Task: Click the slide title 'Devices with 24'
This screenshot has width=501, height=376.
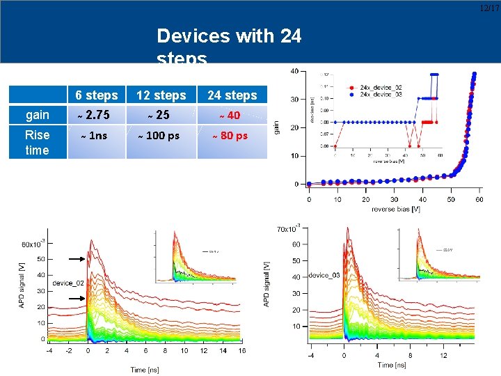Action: [229, 36]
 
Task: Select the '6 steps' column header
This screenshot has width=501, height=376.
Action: [97, 95]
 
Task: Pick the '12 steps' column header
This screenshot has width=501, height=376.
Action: [161, 95]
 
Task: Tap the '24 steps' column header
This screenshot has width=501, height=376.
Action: [232, 95]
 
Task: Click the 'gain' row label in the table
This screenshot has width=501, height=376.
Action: [37, 115]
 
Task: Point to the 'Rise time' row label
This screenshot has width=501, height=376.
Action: [37, 143]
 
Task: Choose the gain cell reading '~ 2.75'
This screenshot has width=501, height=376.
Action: [97, 115]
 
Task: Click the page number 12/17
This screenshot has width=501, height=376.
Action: [489, 8]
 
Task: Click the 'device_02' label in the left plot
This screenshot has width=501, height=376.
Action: [67, 283]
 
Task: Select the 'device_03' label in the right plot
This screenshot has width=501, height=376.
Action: [325, 276]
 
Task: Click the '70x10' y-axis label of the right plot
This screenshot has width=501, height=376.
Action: [287, 228]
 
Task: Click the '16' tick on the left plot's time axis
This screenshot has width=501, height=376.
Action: [240, 351]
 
